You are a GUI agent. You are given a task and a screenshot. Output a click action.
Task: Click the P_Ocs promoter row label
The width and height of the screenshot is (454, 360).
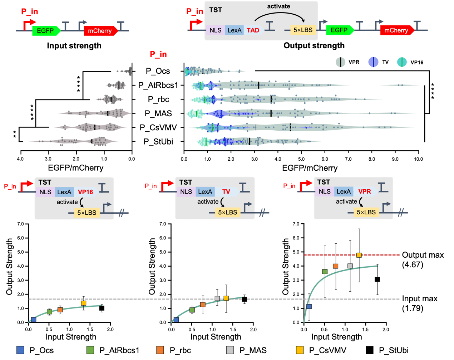[x=158, y=71]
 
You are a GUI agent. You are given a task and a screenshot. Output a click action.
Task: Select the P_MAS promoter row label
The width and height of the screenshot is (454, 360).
[x=158, y=113]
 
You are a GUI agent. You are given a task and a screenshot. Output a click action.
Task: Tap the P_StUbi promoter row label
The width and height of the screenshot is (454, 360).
[x=158, y=142]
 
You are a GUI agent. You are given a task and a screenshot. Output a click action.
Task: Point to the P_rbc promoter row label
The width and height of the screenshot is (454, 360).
[x=158, y=99]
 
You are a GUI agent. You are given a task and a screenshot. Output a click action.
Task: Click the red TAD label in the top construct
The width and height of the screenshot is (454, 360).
[x=253, y=30]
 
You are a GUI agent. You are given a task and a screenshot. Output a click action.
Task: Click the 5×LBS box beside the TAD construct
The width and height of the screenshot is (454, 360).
[x=303, y=30]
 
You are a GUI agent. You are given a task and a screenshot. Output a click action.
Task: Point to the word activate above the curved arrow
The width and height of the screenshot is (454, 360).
[x=278, y=6]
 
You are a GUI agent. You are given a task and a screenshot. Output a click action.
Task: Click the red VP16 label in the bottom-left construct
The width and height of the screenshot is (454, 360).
[x=85, y=192]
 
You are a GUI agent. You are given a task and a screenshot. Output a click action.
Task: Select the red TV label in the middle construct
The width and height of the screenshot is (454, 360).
[x=226, y=192]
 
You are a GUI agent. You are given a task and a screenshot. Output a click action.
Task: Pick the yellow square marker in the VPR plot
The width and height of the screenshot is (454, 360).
[x=359, y=255]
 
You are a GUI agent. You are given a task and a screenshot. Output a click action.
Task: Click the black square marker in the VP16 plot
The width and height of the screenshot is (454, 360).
[x=102, y=308]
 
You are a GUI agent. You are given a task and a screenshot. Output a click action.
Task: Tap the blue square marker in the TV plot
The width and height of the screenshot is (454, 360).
[x=176, y=320]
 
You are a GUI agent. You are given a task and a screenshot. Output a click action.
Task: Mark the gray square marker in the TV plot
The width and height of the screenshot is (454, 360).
[x=217, y=298]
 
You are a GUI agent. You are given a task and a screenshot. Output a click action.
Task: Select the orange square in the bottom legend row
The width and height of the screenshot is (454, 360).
[x=160, y=350]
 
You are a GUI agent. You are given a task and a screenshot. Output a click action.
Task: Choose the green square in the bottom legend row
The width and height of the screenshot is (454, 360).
[x=90, y=350]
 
